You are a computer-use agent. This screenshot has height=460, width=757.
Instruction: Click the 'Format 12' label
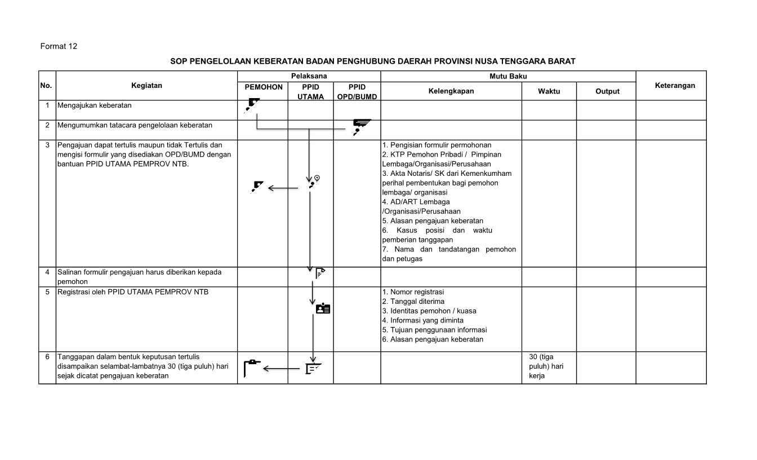pyautogui.click(x=59, y=46)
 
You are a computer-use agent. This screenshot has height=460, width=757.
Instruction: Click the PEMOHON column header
pyautogui.click(x=263, y=87)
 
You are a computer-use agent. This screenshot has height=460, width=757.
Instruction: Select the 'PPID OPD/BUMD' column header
pyautogui.click(x=357, y=92)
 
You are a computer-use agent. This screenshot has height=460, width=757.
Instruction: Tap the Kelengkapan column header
pyautogui.click(x=451, y=91)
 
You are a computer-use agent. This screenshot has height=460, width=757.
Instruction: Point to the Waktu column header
pyautogui.click(x=549, y=91)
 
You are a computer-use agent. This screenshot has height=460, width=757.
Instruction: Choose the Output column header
pyautogui.click(x=607, y=91)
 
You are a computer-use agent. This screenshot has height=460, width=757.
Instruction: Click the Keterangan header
pyautogui.click(x=675, y=86)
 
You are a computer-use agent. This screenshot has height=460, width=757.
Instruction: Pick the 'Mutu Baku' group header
pyautogui.click(x=508, y=76)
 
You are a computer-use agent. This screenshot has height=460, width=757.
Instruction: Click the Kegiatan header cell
pyautogui.click(x=146, y=86)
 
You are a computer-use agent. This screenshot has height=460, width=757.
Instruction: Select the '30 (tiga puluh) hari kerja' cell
pyautogui.click(x=546, y=366)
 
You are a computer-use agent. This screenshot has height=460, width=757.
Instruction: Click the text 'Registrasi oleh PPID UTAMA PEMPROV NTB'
pyautogui.click(x=133, y=292)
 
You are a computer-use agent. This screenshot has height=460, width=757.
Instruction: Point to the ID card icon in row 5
pyautogui.click(x=323, y=308)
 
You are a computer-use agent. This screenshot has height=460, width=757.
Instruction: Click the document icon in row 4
pyautogui.click(x=320, y=273)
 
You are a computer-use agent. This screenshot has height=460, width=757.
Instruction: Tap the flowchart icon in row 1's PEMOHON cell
pyautogui.click(x=253, y=104)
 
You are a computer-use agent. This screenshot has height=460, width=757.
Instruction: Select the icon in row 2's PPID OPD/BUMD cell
pyautogui.click(x=360, y=126)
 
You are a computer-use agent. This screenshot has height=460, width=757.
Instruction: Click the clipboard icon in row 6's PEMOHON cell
pyautogui.click(x=252, y=367)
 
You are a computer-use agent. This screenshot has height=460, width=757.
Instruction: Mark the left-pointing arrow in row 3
pyautogui.click(x=283, y=188)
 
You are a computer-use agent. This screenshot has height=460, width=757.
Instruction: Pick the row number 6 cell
pyautogui.click(x=47, y=357)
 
